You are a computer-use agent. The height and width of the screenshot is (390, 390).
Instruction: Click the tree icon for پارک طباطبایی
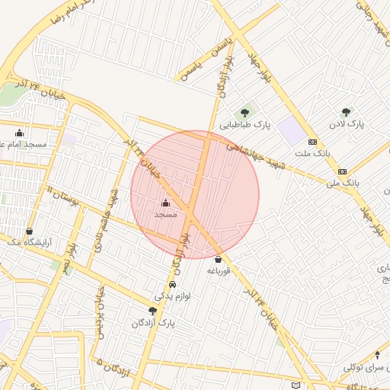(x=245, y=113)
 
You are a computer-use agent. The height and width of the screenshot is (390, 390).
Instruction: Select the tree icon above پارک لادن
(x=347, y=111)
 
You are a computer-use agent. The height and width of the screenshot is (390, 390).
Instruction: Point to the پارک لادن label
(x=347, y=123)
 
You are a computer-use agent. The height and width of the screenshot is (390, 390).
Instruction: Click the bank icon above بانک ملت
(x=312, y=142)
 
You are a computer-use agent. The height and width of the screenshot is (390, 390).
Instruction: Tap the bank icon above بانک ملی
(x=343, y=171)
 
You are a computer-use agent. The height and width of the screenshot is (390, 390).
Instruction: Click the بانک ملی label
(x=342, y=184)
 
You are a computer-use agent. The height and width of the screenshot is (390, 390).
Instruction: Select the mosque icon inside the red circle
(x=166, y=203)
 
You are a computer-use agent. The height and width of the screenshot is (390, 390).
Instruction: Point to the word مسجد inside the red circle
(x=165, y=215)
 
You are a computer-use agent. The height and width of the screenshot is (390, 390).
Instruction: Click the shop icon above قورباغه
(x=219, y=259)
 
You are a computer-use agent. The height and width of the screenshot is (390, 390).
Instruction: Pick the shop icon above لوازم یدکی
(x=171, y=284)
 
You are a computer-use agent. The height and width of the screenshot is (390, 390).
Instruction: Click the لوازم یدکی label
(x=171, y=296)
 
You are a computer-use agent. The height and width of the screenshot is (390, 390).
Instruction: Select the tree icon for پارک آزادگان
(x=152, y=311)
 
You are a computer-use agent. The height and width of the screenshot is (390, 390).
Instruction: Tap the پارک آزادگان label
(x=154, y=323)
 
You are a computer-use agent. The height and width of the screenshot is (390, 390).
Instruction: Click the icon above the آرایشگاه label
(x=29, y=231)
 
